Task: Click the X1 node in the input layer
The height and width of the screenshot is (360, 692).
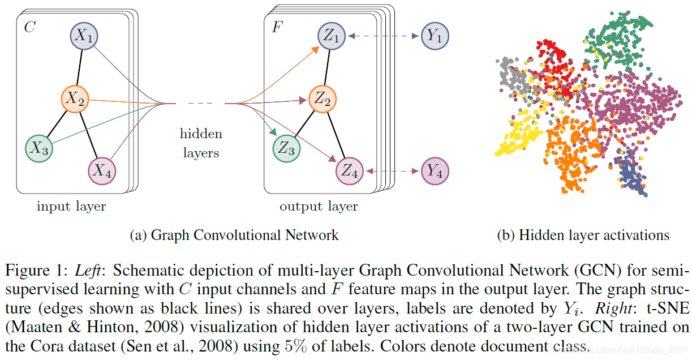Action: tap(84, 36)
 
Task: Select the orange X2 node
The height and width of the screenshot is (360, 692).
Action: tap(74, 99)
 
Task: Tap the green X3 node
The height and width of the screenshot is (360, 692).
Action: tap(39, 148)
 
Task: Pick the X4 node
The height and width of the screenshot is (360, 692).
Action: tap(102, 170)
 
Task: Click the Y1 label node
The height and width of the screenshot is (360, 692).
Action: tap(435, 36)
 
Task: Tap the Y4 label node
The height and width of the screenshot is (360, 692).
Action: tap(435, 170)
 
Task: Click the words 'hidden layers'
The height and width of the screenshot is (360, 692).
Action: tap(201, 143)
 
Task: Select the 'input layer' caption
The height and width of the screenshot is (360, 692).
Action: tap(71, 206)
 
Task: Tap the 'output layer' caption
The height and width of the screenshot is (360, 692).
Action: tap(319, 206)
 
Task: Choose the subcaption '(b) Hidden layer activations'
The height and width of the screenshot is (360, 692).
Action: tap(583, 235)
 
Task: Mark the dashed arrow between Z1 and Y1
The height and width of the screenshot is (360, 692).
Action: tap(383, 36)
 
